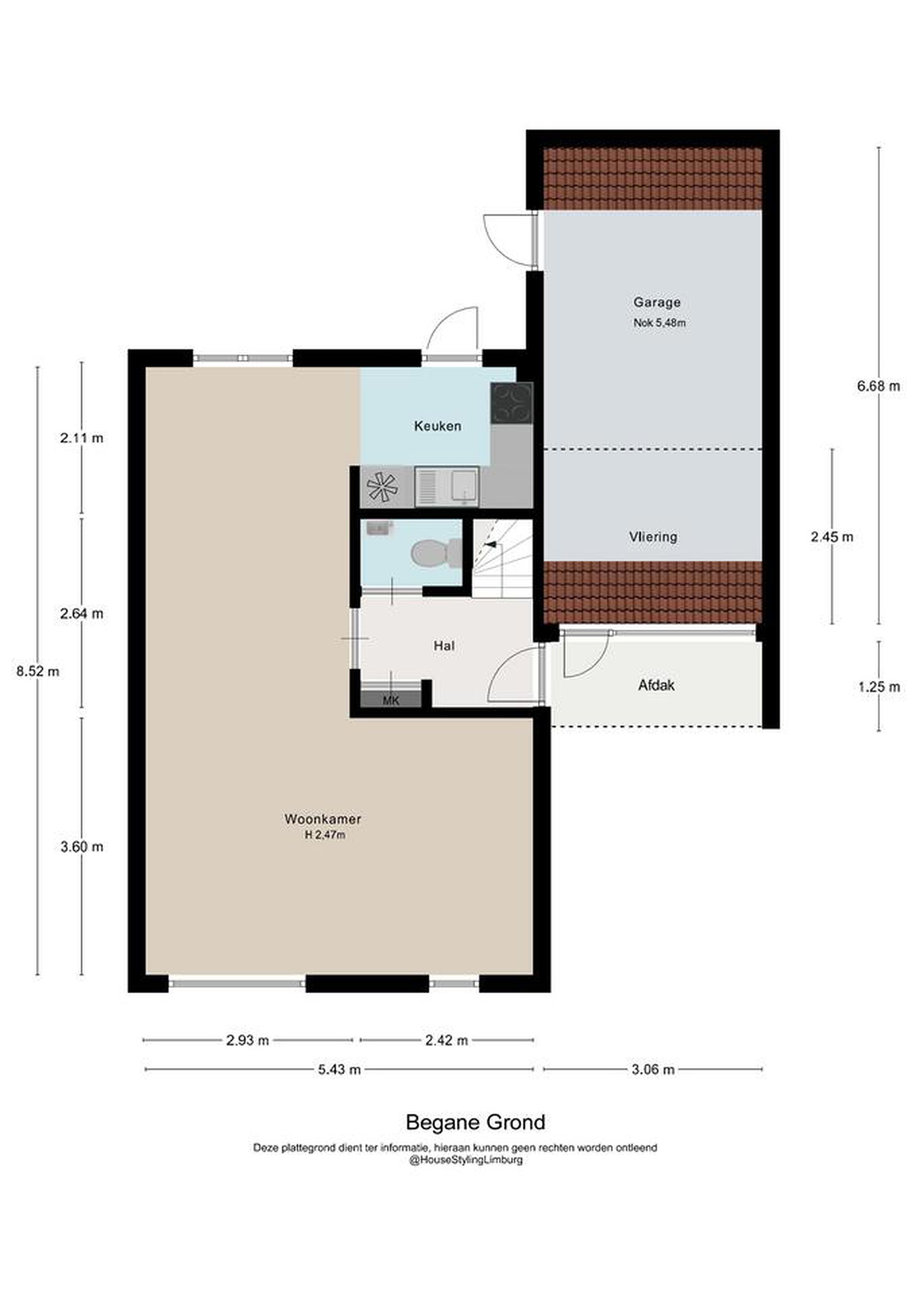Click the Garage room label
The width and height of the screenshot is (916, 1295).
(657, 302)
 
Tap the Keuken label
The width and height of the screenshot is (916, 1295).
(438, 426)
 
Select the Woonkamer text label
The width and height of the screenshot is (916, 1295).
(322, 818)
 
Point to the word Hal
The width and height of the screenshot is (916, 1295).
(444, 645)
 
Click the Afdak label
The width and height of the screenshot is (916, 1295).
(657, 685)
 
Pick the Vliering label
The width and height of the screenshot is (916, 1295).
(653, 536)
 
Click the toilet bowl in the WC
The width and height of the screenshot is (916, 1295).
(436, 552)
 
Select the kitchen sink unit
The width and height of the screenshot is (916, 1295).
(447, 486)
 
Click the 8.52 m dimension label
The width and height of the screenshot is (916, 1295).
(38, 671)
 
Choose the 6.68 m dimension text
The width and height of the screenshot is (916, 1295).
(879, 386)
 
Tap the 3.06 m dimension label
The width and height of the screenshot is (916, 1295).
(653, 1069)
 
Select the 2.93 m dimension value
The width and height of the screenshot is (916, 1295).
(248, 1040)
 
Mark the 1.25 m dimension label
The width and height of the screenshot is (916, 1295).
(879, 687)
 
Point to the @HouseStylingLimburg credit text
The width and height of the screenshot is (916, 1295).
(466, 1160)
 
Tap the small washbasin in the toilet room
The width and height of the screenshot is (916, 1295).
(379, 527)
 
